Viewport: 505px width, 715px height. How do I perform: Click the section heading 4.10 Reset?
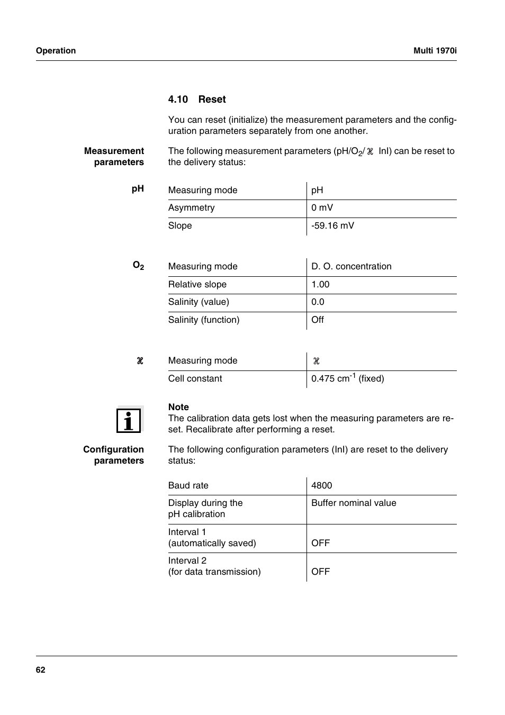pos(197,99)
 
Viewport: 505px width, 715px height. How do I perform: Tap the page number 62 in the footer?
pos(41,670)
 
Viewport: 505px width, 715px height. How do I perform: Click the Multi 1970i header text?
pos(435,51)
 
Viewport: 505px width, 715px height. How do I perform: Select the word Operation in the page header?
pos(56,51)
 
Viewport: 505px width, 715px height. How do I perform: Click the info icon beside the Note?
pos(129,420)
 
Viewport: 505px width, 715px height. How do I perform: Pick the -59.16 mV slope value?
pos(332,225)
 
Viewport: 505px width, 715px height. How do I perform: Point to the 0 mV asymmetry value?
pos(322,207)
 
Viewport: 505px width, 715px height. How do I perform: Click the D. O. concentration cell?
pos(351,266)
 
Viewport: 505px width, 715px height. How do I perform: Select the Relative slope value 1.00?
pos(320,284)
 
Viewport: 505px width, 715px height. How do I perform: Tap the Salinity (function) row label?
pos(204,320)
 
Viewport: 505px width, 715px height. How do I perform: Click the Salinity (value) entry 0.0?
pos(318,302)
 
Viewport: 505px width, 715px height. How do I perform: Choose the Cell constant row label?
pos(195,378)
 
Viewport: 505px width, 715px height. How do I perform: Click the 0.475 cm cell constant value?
pos(347,378)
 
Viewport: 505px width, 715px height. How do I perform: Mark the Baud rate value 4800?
pos(321,485)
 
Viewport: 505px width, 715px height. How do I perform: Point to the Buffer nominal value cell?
pos(354,503)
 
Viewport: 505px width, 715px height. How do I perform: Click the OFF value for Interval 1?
pos(320,543)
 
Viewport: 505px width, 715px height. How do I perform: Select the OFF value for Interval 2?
pos(320,572)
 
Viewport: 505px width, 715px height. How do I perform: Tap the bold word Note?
pos(178,407)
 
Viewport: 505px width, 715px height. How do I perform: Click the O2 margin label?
pos(138,266)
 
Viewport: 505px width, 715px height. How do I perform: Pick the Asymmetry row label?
pos(191,207)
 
